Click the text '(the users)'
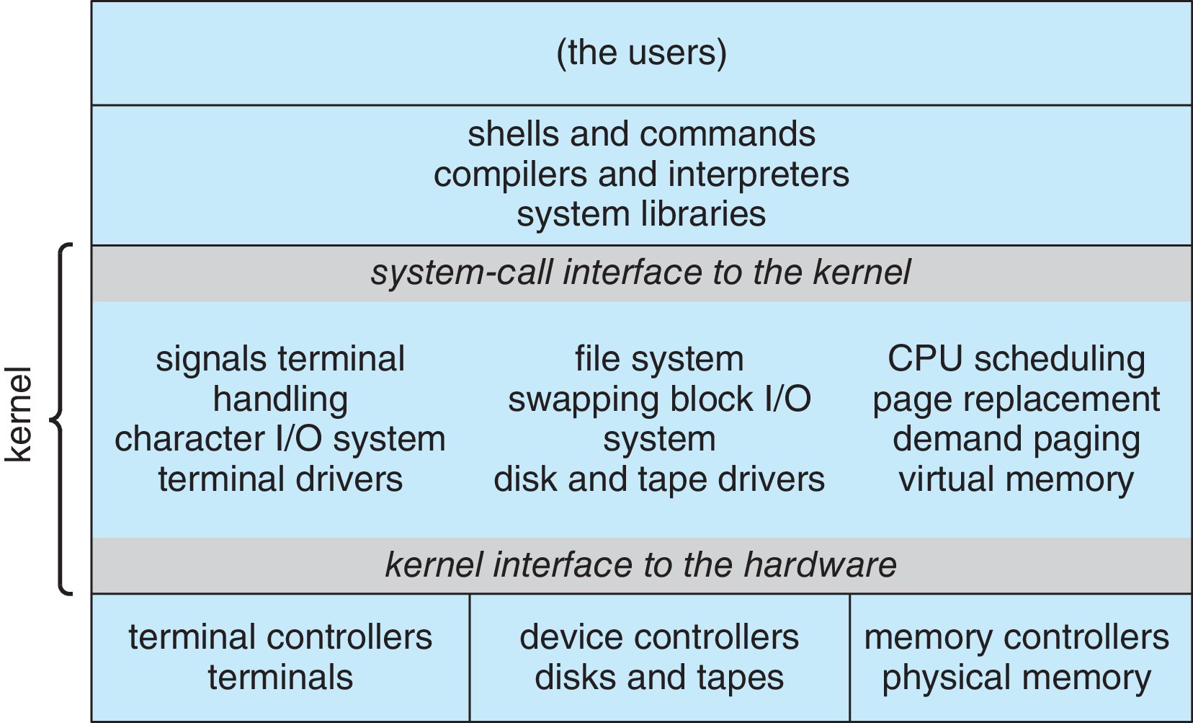click(641, 53)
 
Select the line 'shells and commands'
click(641, 134)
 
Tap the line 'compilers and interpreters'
click(641, 174)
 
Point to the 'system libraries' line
click(641, 215)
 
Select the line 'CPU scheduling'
click(1016, 359)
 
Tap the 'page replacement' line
click(1016, 399)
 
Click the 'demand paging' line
click(1016, 439)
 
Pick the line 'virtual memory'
click(1016, 479)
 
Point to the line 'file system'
click(659, 359)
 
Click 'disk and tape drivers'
click(659, 479)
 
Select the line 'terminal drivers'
click(280, 479)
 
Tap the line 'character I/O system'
click(280, 439)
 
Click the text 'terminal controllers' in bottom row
click(280, 637)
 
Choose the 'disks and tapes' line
click(659, 678)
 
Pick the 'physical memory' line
click(1016, 678)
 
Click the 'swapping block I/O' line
click(659, 399)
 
